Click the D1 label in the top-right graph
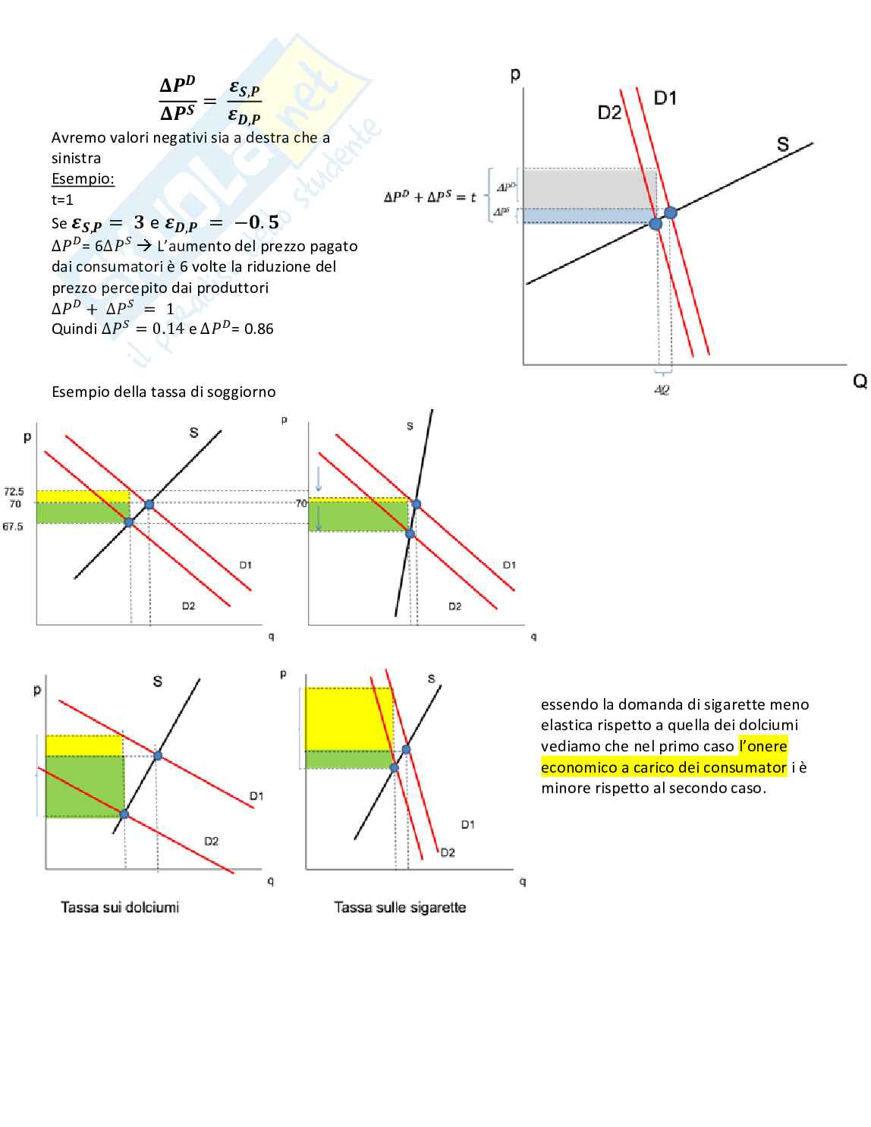click(x=665, y=98)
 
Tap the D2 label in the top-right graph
click(x=609, y=113)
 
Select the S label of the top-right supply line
click(x=783, y=143)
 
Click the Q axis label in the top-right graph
click(x=860, y=381)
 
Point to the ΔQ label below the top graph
click(x=662, y=390)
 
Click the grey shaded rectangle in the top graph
click(x=589, y=188)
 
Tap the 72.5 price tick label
click(x=14, y=492)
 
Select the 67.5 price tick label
click(x=13, y=527)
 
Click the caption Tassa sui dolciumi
click(x=120, y=908)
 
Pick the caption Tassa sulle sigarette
click(x=400, y=908)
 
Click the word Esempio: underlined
click(x=83, y=179)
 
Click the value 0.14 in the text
click(x=168, y=329)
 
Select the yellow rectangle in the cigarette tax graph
click(x=347, y=718)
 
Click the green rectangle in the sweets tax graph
click(x=84, y=786)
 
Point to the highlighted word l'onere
click(x=763, y=746)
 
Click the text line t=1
click(x=62, y=200)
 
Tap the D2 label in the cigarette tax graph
click(x=448, y=853)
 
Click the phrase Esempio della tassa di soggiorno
click(x=164, y=392)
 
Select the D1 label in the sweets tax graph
click(x=256, y=796)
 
